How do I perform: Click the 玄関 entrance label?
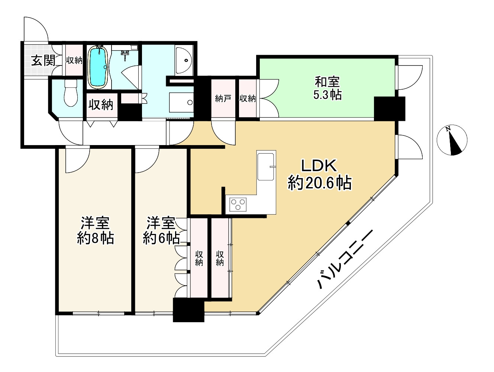(x=43, y=60)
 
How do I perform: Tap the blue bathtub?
(x=98, y=67)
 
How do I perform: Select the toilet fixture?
(x=70, y=94)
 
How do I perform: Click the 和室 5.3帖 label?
(x=327, y=88)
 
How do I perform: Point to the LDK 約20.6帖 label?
(x=319, y=174)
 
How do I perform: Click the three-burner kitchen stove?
(x=238, y=204)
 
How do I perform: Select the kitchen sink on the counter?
(x=266, y=166)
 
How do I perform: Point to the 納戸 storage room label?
(x=223, y=99)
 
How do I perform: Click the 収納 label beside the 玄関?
(x=74, y=60)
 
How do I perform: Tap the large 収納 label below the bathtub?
(x=101, y=105)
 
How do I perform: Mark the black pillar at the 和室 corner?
(x=389, y=108)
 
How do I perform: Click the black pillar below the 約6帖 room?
(x=189, y=310)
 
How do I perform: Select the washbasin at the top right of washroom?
(x=184, y=60)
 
